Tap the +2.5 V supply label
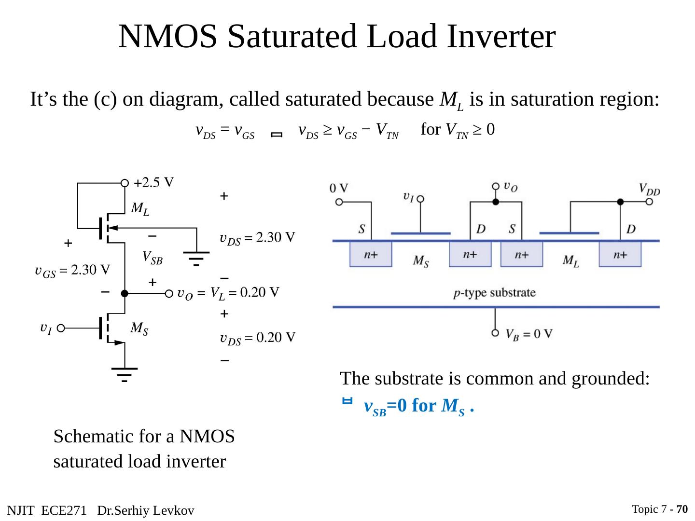(154, 183)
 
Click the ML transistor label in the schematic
(140, 209)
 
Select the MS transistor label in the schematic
(139, 329)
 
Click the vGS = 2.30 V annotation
(72, 271)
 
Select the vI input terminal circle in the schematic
(60, 329)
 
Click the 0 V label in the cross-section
(339, 188)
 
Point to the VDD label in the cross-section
(649, 189)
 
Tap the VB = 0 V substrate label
(529, 334)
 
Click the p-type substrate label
(495, 293)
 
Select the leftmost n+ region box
(371, 254)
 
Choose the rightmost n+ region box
(620, 254)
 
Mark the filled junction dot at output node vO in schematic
(125, 293)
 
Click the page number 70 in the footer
(682, 509)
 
